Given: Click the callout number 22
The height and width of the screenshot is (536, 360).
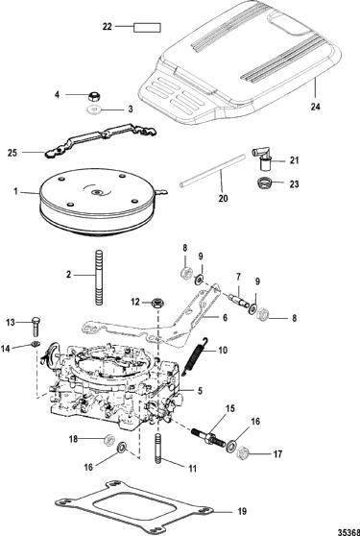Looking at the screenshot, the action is (108, 27).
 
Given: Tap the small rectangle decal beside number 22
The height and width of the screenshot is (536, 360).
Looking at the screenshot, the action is (147, 28).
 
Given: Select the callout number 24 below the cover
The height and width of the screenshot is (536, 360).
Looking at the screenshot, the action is (316, 107).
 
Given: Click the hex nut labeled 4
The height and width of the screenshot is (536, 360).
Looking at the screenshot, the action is (93, 96).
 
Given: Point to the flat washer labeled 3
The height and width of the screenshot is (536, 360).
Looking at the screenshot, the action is (92, 110).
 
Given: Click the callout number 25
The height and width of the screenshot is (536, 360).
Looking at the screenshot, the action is (12, 153).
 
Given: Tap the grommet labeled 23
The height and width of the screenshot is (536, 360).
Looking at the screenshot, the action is (263, 183).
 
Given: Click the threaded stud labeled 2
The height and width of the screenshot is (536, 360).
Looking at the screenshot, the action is (99, 277).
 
